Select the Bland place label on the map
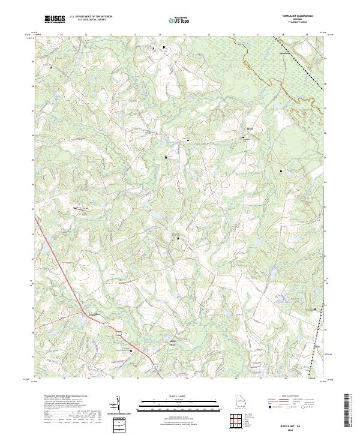pyautogui.click(x=251, y=128)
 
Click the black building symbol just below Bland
pyautogui.click(x=244, y=138)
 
